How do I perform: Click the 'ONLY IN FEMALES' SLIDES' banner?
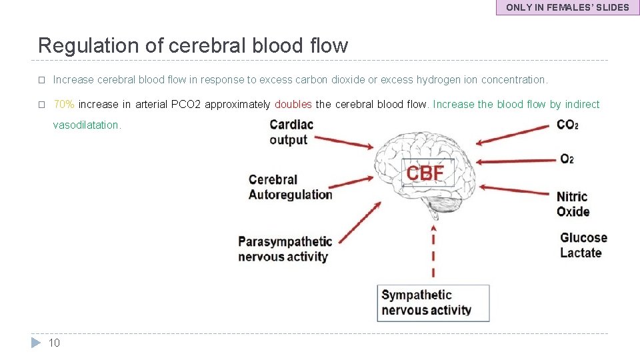point(567,7)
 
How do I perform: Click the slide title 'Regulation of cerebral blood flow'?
point(193,45)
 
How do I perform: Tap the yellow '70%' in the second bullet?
point(63,104)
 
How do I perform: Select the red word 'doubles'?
point(293,104)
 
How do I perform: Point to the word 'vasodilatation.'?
point(87,125)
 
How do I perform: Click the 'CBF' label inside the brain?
point(425,173)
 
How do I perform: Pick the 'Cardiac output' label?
point(291,132)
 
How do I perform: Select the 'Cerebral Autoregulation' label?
point(290,187)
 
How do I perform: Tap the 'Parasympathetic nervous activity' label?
point(284,249)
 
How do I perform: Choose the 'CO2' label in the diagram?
point(567,125)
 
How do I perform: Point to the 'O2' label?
point(567,159)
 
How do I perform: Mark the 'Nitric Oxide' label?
point(573,204)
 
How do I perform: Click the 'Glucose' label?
point(583,237)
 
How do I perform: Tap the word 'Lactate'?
point(580,253)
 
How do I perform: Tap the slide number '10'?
point(54,343)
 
